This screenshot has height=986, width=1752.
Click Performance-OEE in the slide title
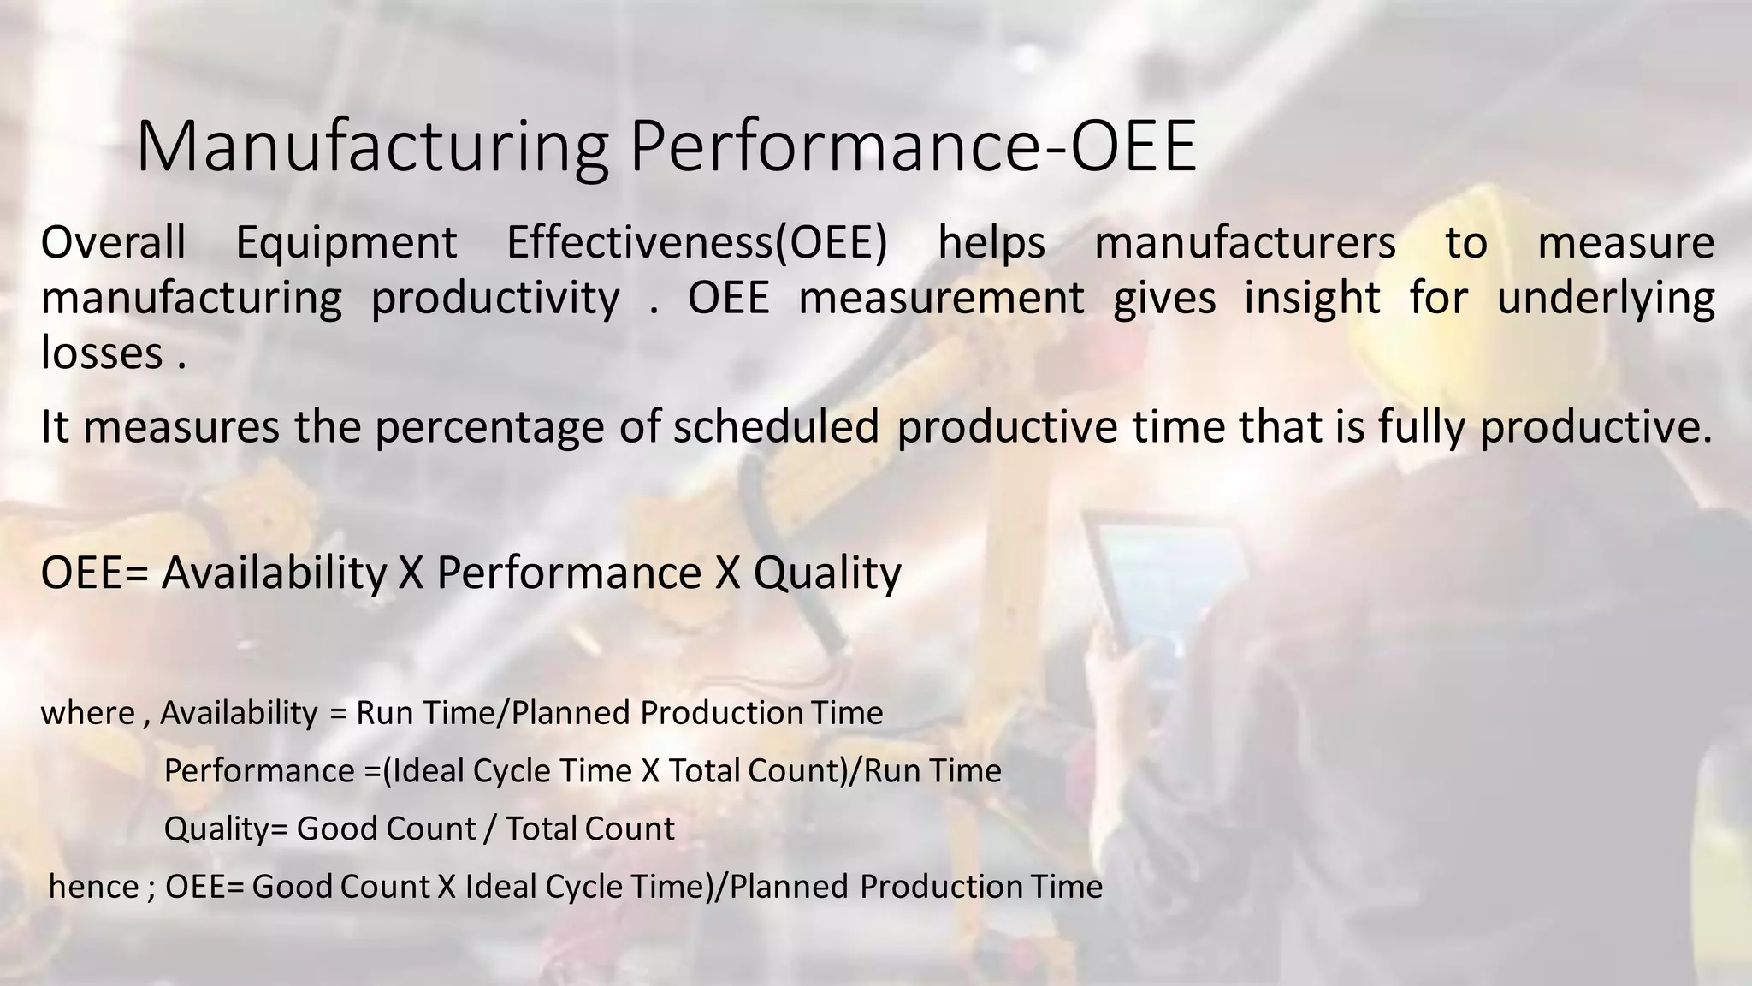point(913,147)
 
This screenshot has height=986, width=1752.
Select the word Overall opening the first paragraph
point(113,242)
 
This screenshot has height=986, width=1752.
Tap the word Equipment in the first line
point(346,244)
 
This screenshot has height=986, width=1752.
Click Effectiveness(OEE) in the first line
point(696,244)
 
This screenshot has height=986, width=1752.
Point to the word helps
point(991,244)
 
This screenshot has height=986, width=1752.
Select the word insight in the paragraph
point(1311,299)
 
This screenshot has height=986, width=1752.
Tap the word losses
point(102,353)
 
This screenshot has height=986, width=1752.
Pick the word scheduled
point(776,426)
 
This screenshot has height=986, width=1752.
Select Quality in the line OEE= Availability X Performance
point(826,573)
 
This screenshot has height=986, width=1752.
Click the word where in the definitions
point(87,713)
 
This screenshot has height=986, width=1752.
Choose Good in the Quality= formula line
point(338,829)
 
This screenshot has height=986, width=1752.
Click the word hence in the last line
point(93,887)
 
